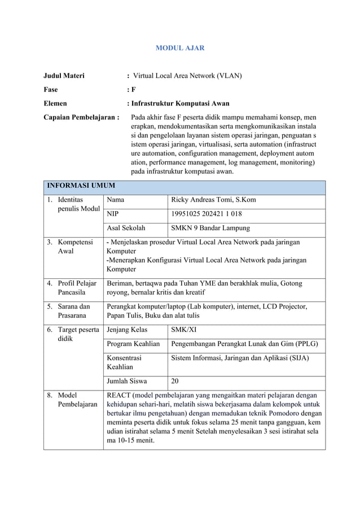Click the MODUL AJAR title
point(179,48)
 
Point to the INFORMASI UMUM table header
point(81,185)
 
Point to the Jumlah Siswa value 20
point(175,380)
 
